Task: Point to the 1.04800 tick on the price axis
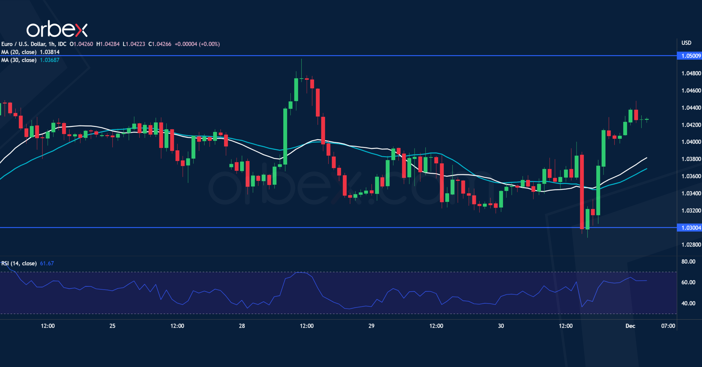[x=691, y=73]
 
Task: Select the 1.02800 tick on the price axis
[x=691, y=245]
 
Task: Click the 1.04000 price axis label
[x=691, y=142]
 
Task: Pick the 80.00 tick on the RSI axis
[x=688, y=262]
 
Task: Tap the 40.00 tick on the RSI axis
[x=688, y=303]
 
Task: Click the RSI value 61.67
[x=47, y=263]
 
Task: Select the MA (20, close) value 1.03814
[x=50, y=52]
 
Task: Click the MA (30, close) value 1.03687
[x=50, y=60]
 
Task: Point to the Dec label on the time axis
[x=630, y=326]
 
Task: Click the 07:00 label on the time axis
[x=668, y=326]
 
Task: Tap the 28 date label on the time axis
[x=242, y=326]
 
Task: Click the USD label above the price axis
[x=686, y=43]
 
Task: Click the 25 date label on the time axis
[x=112, y=326]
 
